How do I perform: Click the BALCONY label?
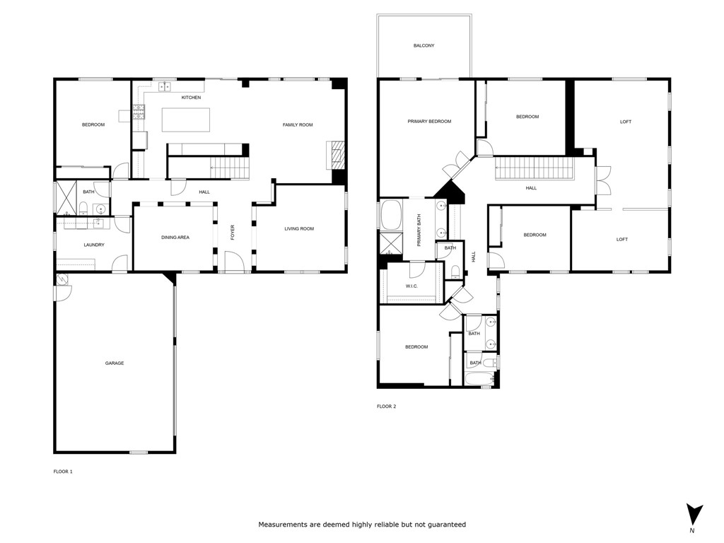point(424,46)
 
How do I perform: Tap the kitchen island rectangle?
point(186,119)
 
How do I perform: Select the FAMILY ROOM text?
point(298,125)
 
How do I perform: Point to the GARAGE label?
point(115,363)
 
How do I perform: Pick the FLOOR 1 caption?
point(63,472)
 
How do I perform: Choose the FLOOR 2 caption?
point(386,407)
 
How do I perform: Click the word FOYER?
point(232,232)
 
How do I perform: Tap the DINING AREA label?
point(175,238)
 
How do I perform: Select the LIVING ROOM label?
point(299,229)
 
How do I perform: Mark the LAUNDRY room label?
point(94,245)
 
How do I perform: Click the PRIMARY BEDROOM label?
point(429,122)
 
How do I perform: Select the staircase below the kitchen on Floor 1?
point(230,168)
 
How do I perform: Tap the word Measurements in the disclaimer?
point(281,525)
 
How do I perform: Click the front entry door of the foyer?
point(235,263)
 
